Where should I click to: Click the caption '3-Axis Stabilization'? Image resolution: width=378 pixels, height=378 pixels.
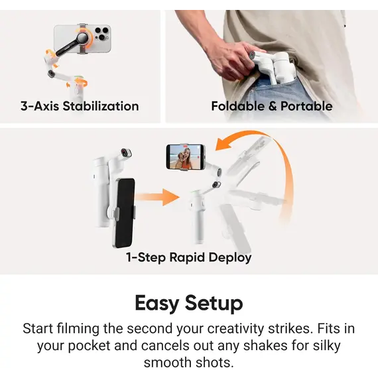pos(79,106)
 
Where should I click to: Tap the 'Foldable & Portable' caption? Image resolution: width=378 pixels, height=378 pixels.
pos(271,106)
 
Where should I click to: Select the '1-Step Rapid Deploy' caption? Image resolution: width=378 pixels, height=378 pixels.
pos(189,257)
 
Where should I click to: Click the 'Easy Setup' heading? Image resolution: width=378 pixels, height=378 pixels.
pos(189,303)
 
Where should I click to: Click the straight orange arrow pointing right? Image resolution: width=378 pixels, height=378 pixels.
pos(160,196)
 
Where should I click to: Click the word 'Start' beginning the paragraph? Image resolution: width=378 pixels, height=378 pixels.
pos(37,328)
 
